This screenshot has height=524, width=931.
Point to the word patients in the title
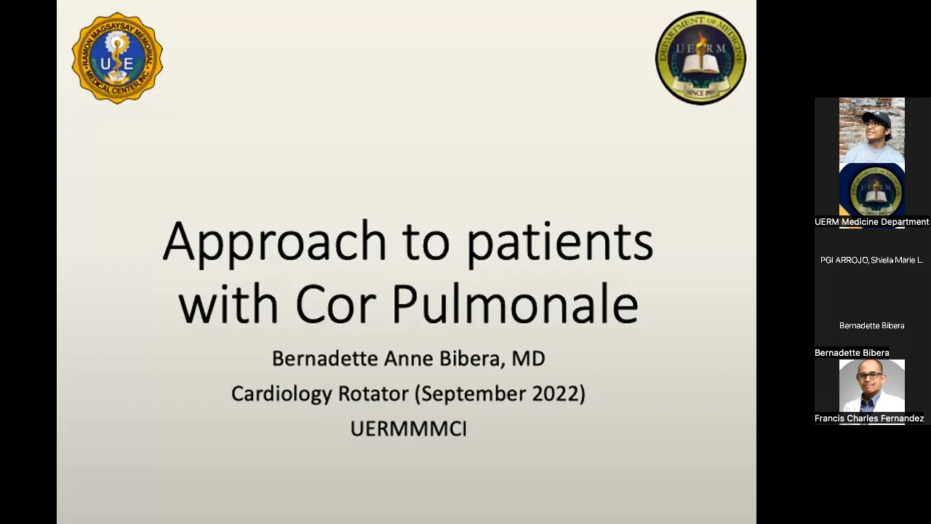(559, 242)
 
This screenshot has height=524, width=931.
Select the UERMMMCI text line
(408, 429)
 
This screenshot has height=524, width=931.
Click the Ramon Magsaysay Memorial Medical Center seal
(117, 57)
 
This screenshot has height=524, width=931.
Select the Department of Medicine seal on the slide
(700, 57)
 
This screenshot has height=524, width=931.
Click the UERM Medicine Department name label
(871, 222)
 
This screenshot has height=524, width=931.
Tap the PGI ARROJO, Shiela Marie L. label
(871, 260)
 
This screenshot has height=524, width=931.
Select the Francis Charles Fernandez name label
(869, 418)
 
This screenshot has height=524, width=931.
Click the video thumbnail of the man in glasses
(871, 386)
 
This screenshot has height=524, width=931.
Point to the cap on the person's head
(875, 117)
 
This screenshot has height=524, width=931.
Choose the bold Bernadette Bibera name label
(852, 353)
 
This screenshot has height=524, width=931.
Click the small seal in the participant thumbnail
(871, 191)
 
